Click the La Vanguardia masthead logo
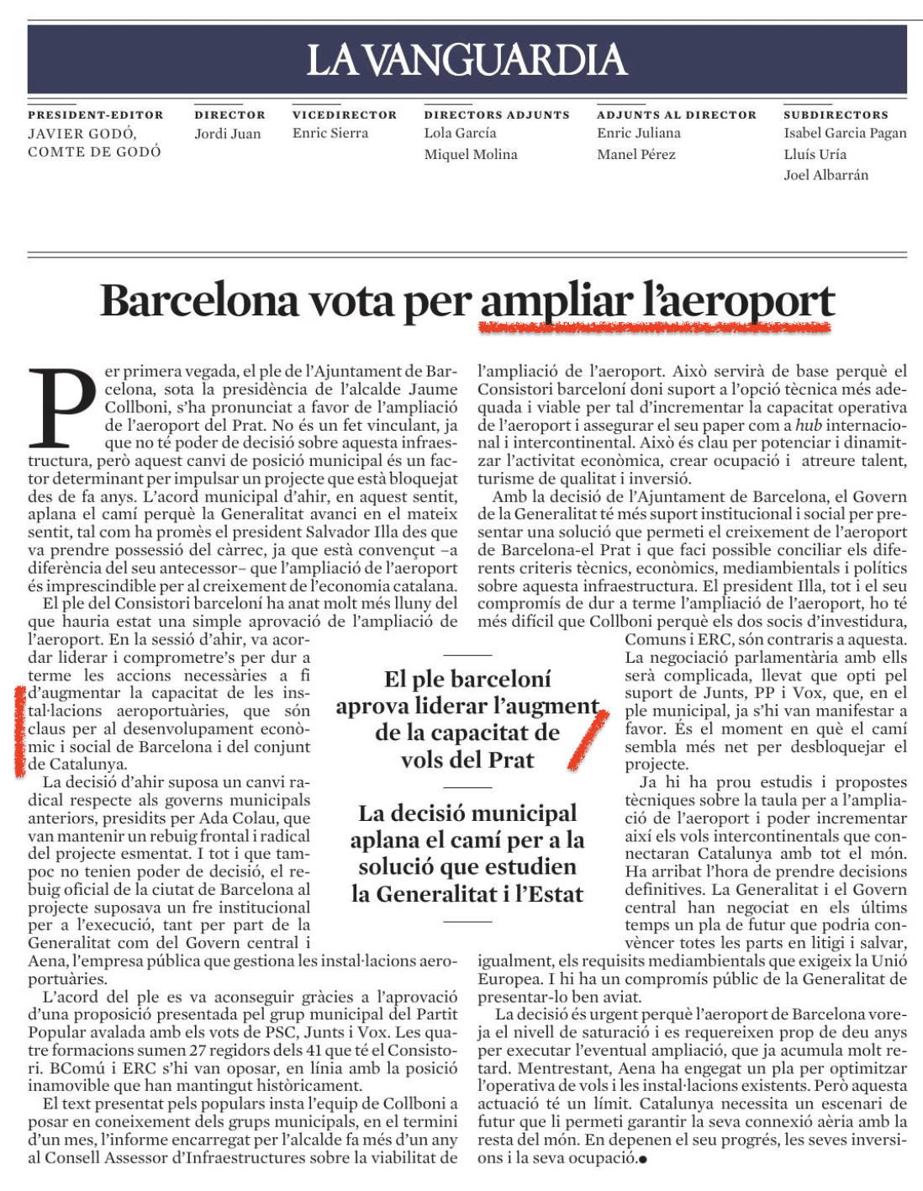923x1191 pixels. tap(467, 60)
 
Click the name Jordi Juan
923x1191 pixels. tap(228, 134)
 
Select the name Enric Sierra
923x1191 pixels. tap(330, 133)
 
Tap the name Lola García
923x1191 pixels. tap(460, 133)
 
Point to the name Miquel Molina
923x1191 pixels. tap(471, 155)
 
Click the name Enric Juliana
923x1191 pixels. tap(639, 133)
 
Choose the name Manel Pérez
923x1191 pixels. tap(636, 155)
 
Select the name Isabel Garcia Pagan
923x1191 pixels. tap(845, 133)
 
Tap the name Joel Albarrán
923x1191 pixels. tap(825, 175)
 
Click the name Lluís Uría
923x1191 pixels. tap(815, 155)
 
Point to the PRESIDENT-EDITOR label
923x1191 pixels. tap(96, 115)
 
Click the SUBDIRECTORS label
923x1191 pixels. tap(836, 115)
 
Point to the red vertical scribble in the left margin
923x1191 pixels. tap(20, 730)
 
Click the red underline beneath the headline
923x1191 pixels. tap(655, 327)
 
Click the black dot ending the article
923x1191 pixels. tap(643, 1160)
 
